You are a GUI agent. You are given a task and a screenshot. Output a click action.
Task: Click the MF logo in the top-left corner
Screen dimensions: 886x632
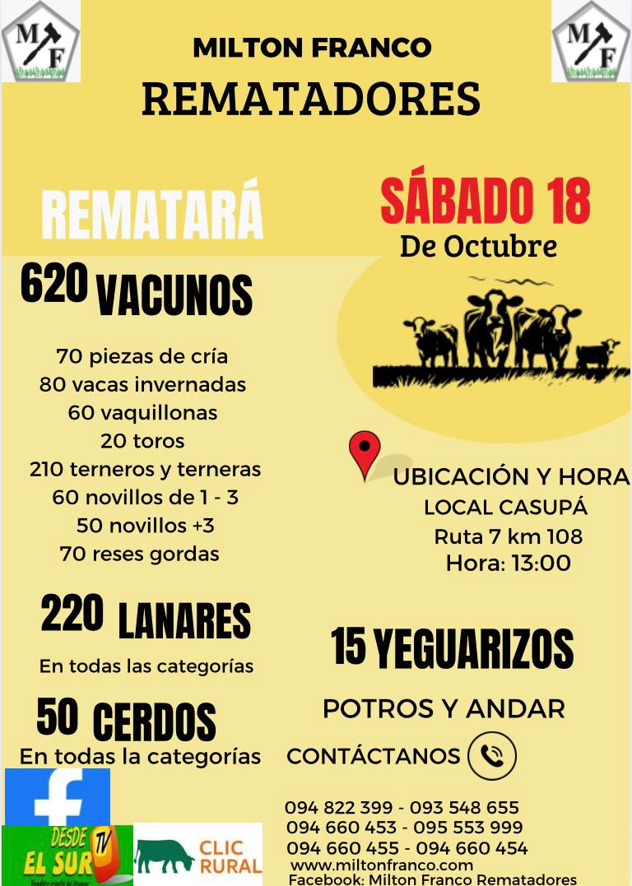click(40, 41)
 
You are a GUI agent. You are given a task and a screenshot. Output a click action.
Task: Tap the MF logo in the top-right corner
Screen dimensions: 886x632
click(591, 41)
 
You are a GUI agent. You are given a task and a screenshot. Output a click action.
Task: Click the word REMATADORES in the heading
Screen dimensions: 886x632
click(311, 100)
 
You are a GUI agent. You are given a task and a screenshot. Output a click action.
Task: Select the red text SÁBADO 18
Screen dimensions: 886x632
click(486, 202)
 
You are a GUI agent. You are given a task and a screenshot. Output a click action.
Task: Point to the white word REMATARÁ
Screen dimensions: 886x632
click(152, 216)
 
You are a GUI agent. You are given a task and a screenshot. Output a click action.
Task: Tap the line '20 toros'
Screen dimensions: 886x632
click(142, 441)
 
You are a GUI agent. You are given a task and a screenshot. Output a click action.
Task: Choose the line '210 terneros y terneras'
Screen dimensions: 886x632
click(145, 470)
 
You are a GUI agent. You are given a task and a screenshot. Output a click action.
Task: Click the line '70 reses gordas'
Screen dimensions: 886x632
click(140, 554)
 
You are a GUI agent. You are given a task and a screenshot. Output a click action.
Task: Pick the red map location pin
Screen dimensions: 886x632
click(365, 452)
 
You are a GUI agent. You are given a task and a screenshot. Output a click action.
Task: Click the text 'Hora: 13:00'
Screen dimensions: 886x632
click(508, 564)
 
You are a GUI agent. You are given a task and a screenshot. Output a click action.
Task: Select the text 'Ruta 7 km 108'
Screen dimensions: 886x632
click(508, 537)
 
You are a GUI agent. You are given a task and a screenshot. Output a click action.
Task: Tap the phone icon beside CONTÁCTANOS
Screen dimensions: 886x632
click(492, 756)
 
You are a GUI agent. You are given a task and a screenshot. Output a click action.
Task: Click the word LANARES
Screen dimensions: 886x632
click(184, 622)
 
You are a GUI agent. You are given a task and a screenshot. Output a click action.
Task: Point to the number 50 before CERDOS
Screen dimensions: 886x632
click(58, 717)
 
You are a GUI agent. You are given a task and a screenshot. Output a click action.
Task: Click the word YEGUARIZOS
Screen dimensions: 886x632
click(474, 650)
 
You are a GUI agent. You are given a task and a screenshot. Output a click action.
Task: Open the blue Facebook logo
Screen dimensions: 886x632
click(58, 797)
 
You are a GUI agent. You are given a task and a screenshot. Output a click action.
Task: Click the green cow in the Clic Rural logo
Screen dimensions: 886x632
click(165, 856)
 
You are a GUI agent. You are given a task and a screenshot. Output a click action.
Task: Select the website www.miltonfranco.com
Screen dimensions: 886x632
click(382, 865)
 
